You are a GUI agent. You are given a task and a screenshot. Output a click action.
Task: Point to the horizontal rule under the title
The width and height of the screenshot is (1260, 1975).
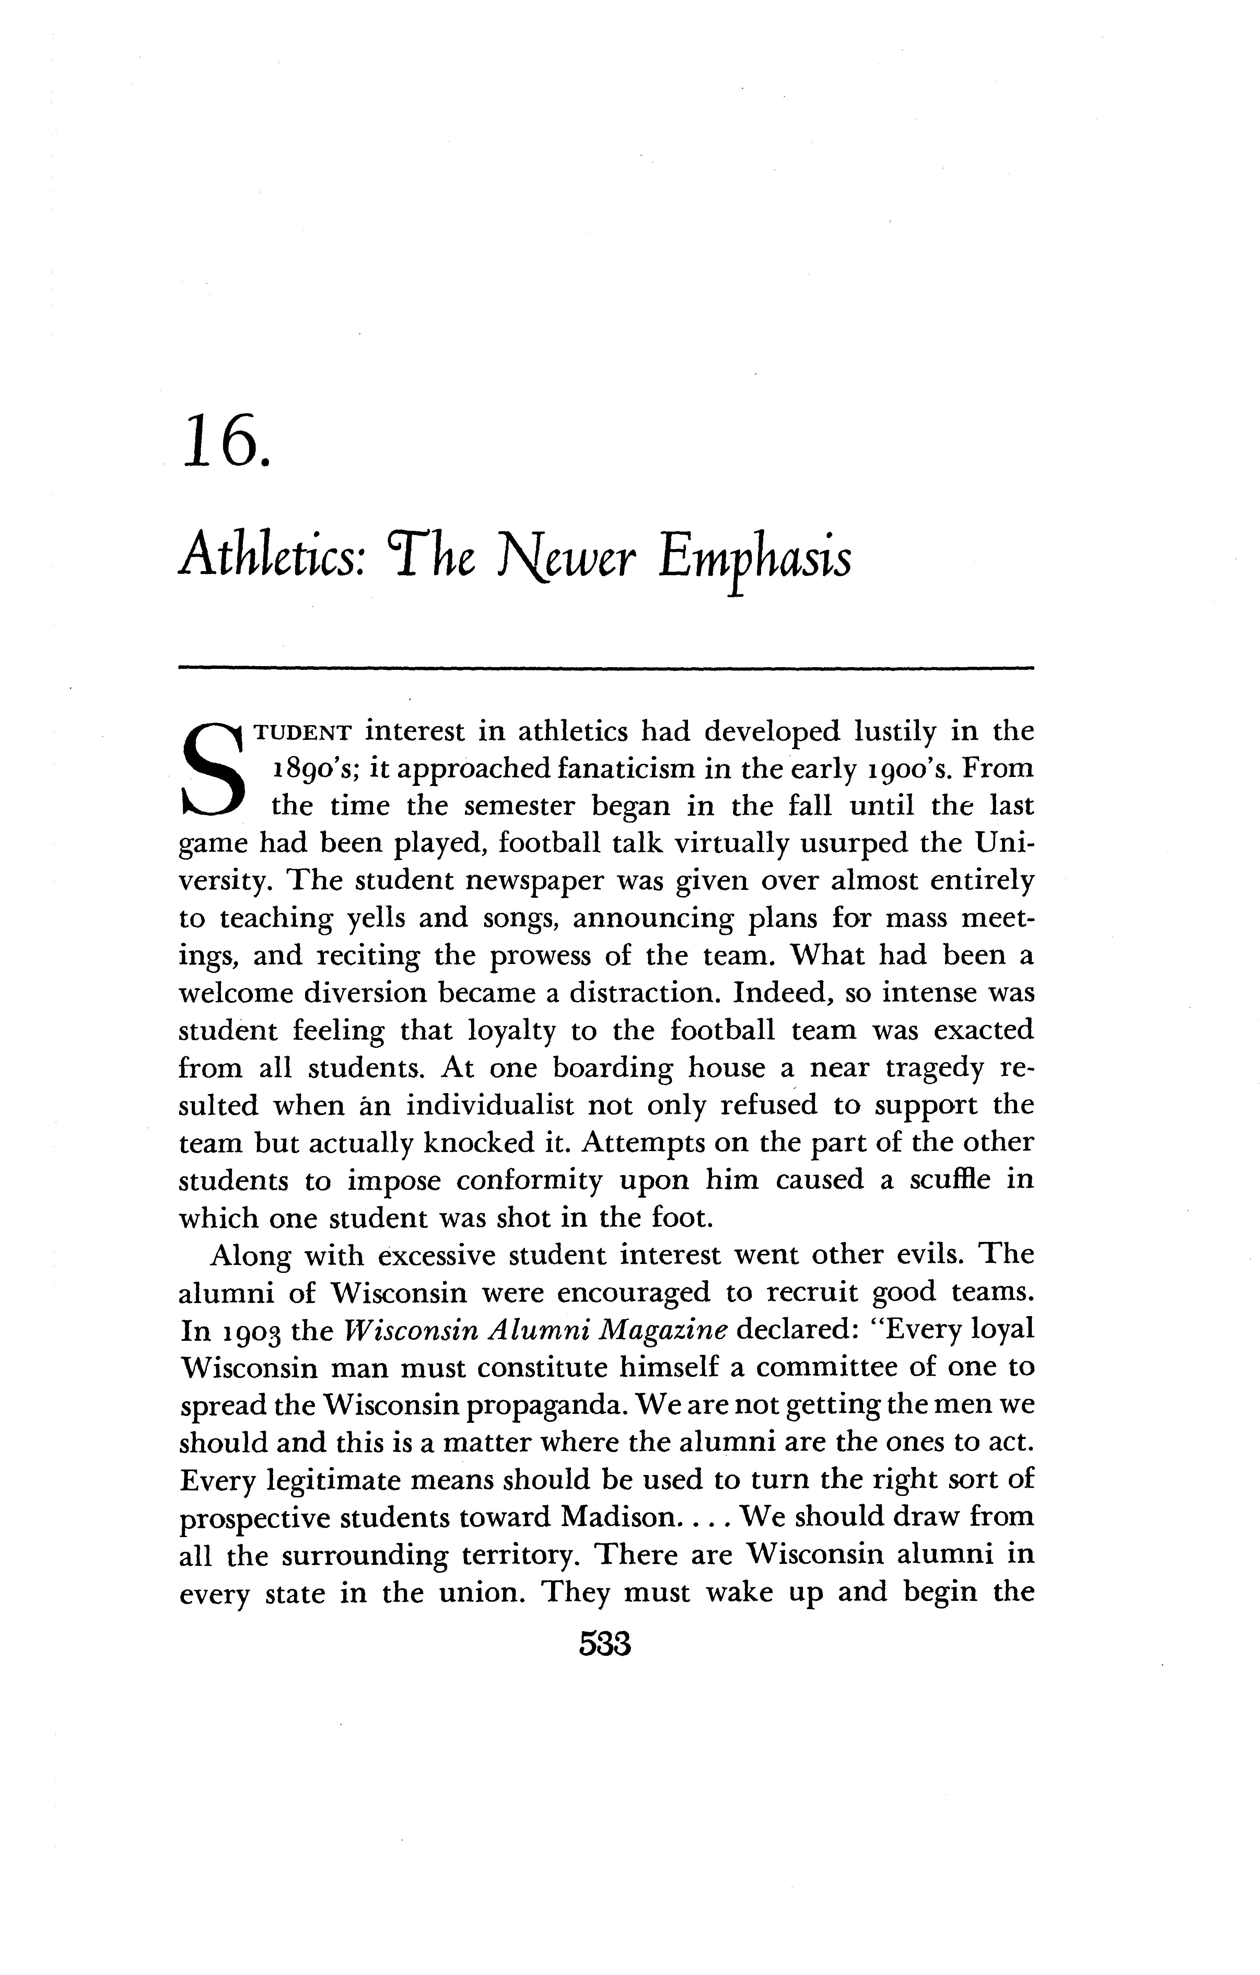point(605,669)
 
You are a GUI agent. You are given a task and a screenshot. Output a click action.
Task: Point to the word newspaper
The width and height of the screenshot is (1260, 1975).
point(536,882)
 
